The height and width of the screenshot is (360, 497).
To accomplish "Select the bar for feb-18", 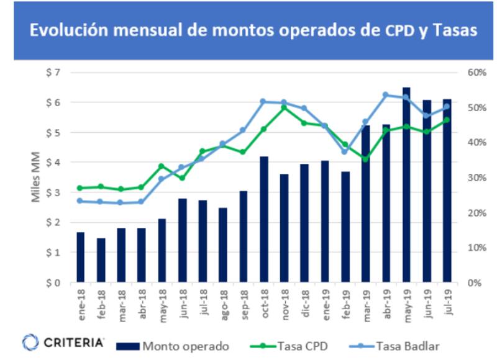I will click(101, 260).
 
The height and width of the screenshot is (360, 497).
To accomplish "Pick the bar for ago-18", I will click(223, 245).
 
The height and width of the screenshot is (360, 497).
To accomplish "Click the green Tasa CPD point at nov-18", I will click(284, 107).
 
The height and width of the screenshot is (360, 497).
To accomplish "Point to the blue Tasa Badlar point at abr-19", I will click(386, 95).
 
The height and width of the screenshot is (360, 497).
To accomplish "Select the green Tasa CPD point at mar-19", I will click(365, 160).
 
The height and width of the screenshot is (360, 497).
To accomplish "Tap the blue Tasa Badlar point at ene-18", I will click(80, 200).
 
